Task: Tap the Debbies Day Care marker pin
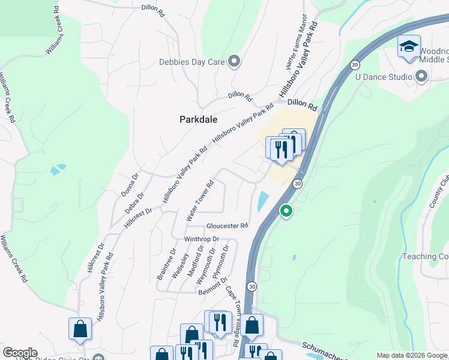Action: coord(235,61)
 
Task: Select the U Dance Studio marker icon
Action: coord(421,76)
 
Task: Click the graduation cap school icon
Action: coord(409,47)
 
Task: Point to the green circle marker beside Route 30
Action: coord(287,211)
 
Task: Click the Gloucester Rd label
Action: coord(227,226)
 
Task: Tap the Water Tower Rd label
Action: coord(200,202)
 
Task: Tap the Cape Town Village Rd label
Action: coord(232,315)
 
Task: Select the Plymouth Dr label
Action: coord(221,259)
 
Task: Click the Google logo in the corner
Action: coord(19,353)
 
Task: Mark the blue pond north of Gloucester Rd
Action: coord(263,201)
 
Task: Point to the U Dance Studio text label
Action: coord(384,77)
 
